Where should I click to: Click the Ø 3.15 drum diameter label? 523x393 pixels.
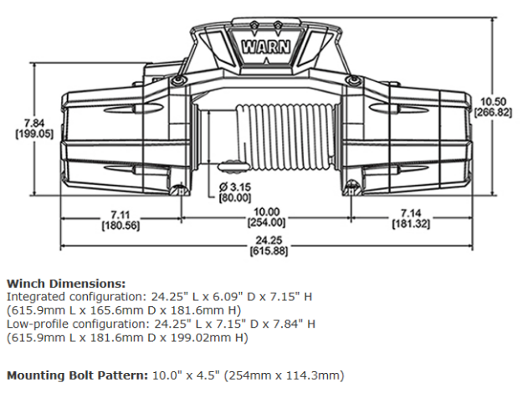tap(235, 186)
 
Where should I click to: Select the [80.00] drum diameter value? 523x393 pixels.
tap(235, 197)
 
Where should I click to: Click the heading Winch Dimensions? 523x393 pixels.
tap(66, 283)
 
